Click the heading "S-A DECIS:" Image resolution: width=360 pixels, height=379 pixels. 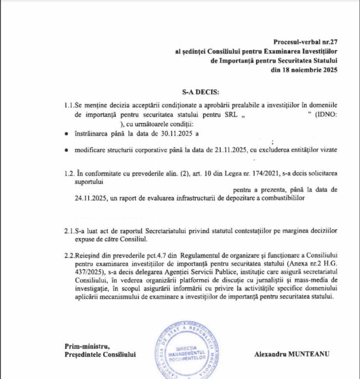click(x=199, y=92)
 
